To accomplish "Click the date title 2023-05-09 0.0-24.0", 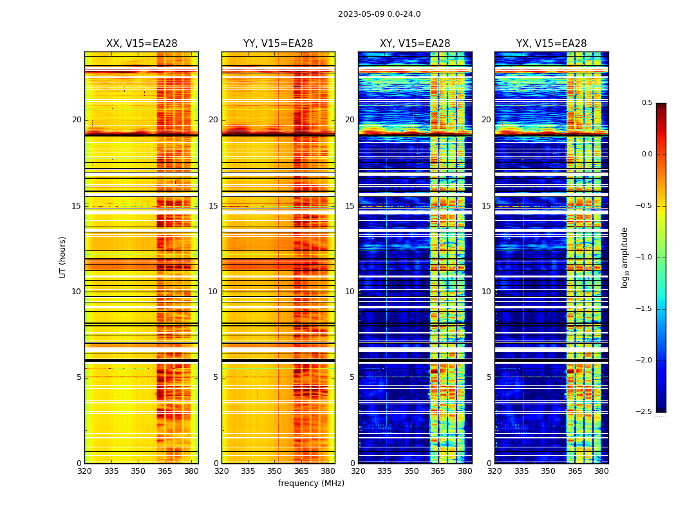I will point(379,14).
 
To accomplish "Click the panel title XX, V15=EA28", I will point(142,44).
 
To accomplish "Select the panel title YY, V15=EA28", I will point(278,44).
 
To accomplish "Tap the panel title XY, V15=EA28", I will point(415,44).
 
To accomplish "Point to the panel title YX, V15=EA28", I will point(551,44).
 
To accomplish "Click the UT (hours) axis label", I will point(63,257).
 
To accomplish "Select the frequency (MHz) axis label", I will point(311,483).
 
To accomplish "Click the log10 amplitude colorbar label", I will point(624,257).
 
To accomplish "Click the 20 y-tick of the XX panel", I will point(77,120).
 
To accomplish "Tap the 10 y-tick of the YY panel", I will point(213,292).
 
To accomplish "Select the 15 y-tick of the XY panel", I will point(350,206).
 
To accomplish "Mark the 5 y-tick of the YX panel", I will point(489,377).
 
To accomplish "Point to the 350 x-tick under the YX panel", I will point(548,471).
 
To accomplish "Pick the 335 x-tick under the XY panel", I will point(385,471).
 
